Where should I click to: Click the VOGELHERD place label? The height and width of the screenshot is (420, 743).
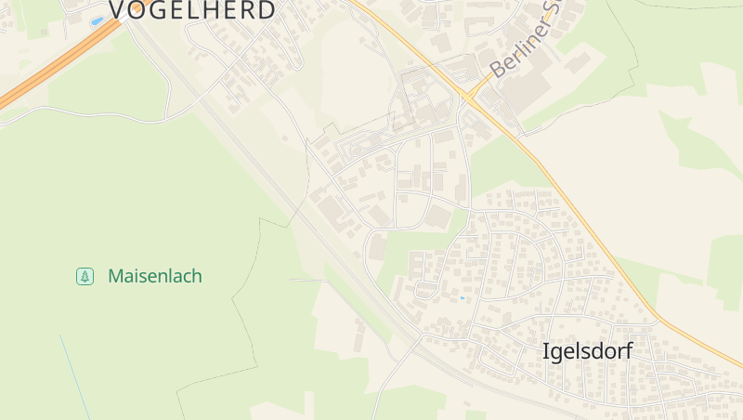(x=192, y=10)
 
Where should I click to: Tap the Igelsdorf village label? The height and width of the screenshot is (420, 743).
(x=587, y=351)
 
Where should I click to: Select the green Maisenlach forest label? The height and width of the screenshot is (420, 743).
(x=154, y=276)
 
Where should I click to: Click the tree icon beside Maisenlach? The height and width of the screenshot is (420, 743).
(x=85, y=276)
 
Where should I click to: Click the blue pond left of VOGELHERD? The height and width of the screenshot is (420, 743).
(x=98, y=20)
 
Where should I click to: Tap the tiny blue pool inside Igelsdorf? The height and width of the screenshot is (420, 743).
(x=462, y=298)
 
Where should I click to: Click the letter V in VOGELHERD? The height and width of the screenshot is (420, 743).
(x=119, y=10)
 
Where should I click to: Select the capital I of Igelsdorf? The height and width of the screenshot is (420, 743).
(x=545, y=351)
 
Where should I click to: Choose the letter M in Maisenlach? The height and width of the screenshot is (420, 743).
(x=116, y=276)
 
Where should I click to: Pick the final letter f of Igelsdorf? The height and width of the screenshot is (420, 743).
(x=628, y=351)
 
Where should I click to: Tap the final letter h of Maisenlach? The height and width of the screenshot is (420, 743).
(x=196, y=276)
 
